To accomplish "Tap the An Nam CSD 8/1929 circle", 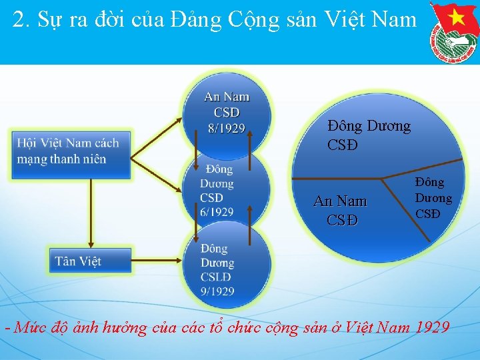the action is coord(227,112).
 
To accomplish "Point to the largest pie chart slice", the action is coord(373,133).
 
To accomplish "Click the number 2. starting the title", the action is coord(21,20).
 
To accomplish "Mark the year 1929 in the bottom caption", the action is coord(427,327).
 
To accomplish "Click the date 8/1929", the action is coord(227,128).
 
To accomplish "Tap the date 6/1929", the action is coord(217,212).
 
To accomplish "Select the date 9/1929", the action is coord(217,291).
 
